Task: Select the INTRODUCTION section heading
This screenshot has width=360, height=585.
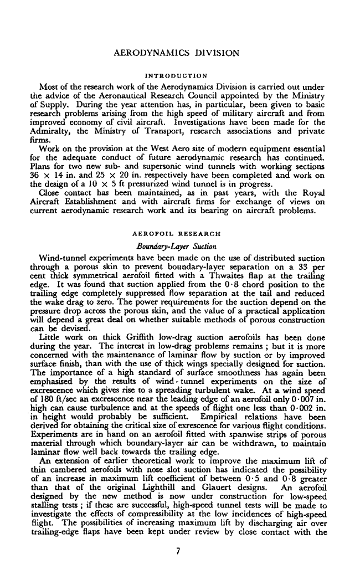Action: point(176,75)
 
